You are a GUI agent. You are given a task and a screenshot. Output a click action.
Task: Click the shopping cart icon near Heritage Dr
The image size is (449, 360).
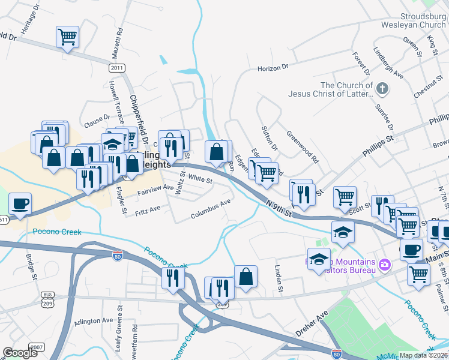point(67,37)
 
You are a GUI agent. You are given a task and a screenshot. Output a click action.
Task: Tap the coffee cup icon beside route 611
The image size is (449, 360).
point(20,204)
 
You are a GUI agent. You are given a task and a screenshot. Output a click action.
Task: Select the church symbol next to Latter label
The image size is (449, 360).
point(382,90)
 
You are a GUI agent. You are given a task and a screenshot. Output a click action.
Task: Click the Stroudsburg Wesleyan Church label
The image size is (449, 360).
point(414,21)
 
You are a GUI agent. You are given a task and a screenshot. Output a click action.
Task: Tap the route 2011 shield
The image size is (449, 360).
point(116,68)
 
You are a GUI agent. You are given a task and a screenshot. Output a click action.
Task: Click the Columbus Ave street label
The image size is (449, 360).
point(211,209)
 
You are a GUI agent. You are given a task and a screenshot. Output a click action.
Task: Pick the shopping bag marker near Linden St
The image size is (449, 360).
point(246,277)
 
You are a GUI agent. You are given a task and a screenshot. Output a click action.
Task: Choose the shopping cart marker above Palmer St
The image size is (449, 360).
point(418,275)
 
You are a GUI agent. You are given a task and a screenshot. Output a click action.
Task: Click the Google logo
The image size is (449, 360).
point(20,353)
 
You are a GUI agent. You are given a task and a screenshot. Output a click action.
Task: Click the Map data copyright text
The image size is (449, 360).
point(424,355)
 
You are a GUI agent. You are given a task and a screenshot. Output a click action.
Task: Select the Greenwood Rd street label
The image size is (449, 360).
point(302,147)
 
